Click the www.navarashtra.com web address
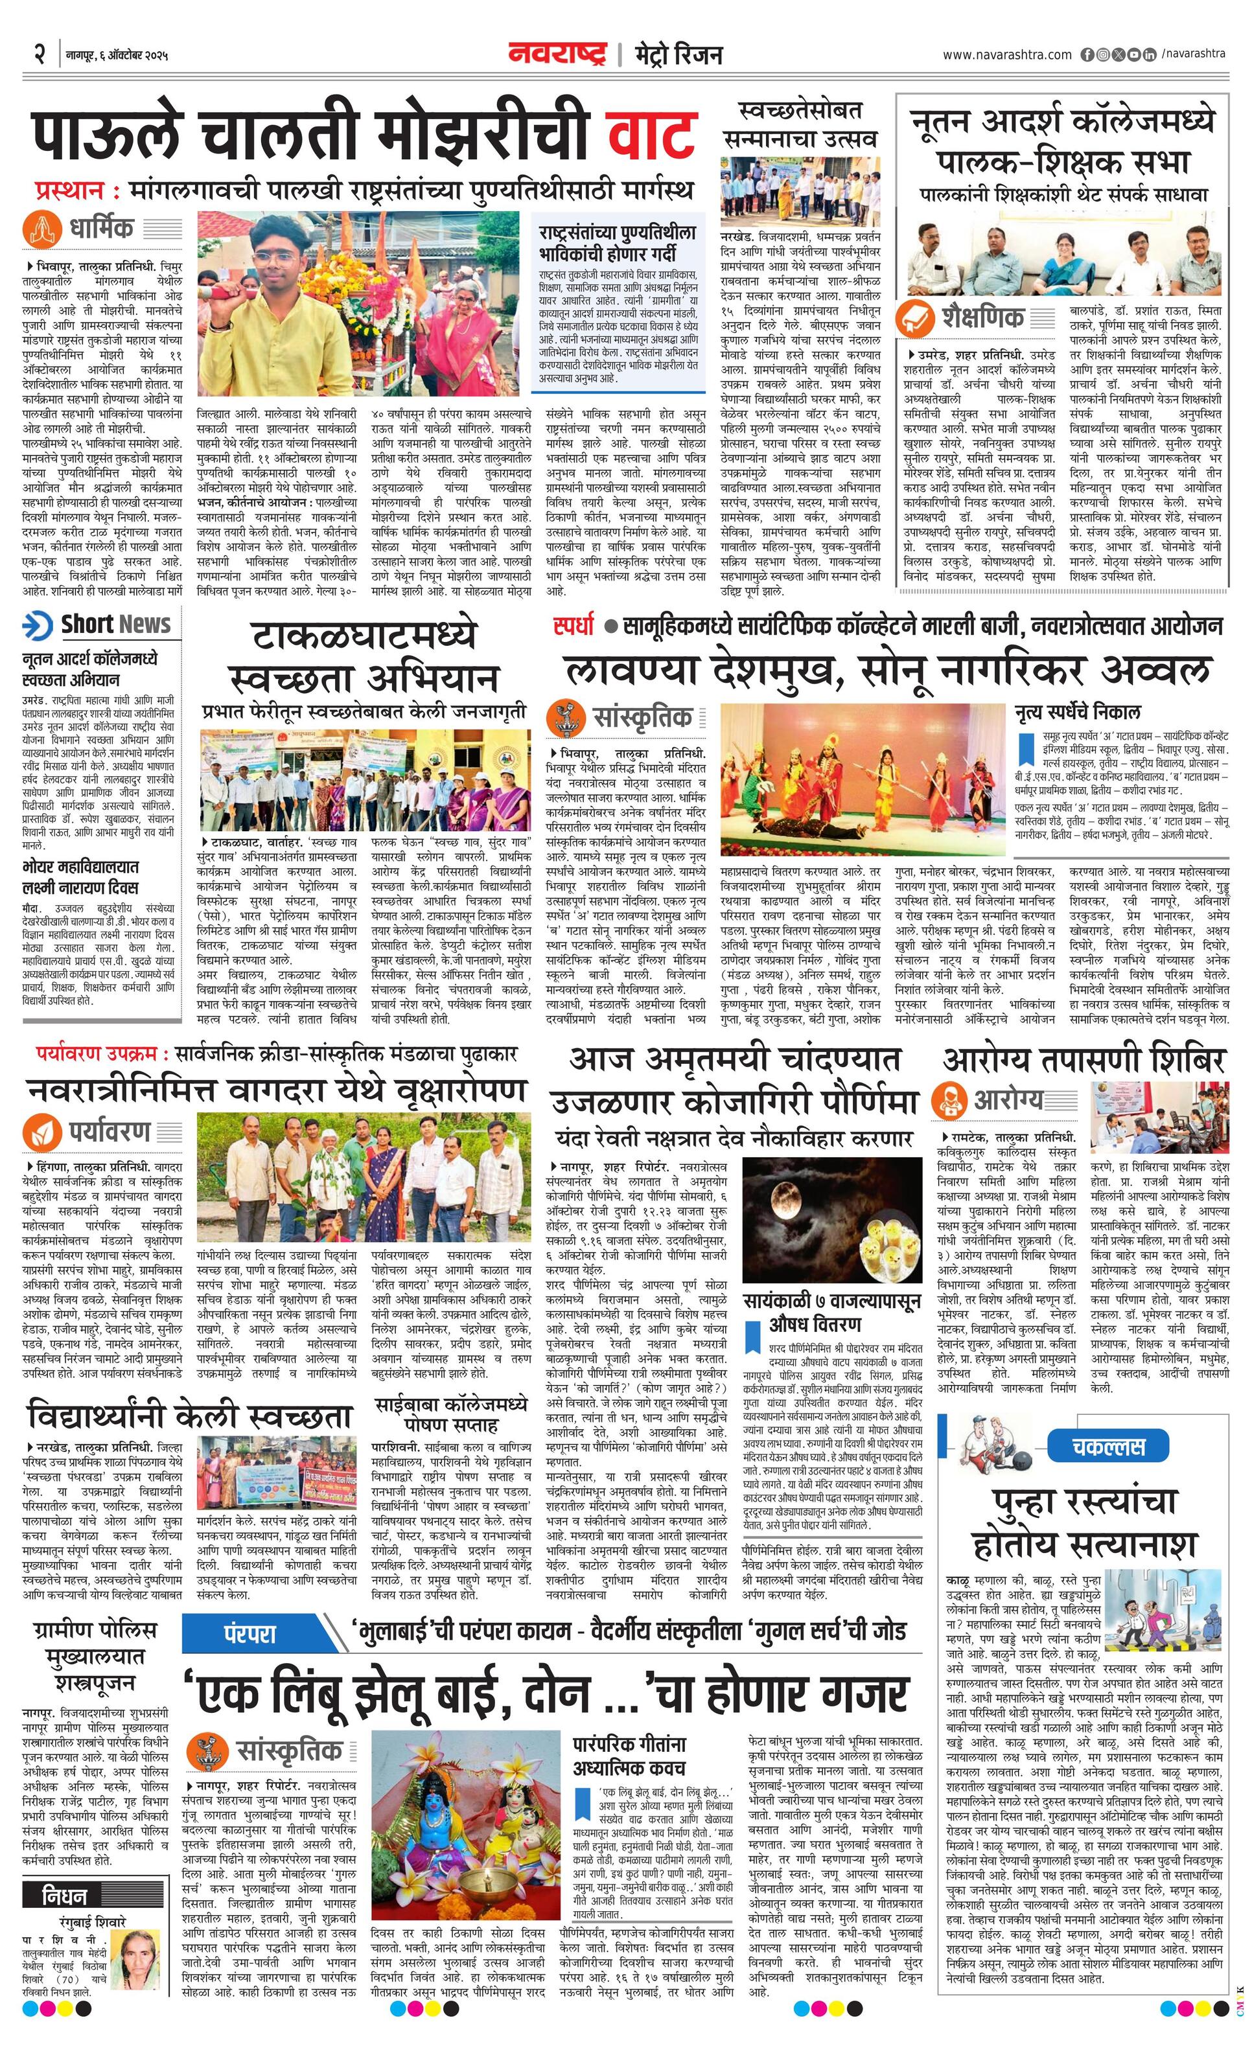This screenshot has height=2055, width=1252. [x=1007, y=55]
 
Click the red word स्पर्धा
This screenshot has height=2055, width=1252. [x=574, y=625]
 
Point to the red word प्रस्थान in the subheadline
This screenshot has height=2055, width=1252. [x=70, y=190]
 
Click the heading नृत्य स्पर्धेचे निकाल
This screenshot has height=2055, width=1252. [x=1077, y=712]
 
